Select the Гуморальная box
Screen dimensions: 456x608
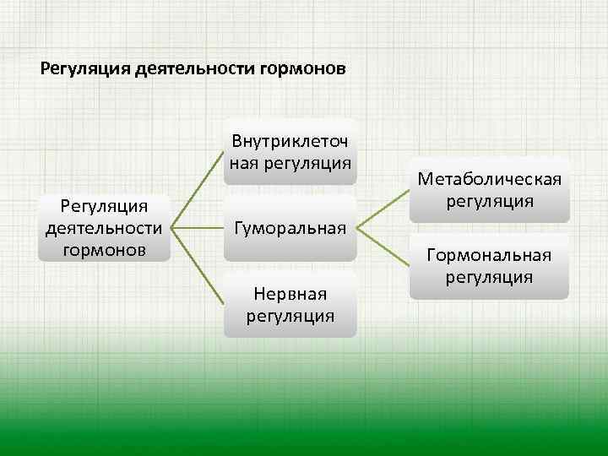point(290,227)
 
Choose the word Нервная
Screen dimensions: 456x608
point(290,293)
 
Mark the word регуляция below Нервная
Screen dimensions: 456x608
point(290,315)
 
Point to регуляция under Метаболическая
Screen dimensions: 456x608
point(490,201)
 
